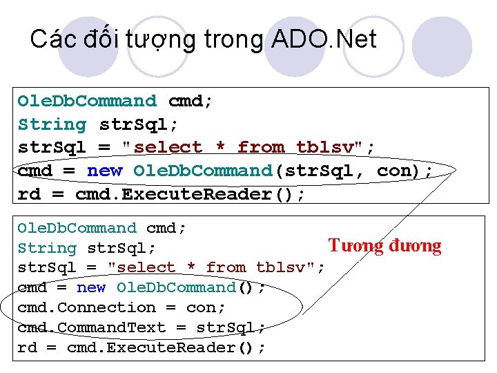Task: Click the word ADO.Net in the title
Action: click(x=324, y=39)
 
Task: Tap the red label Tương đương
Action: click(x=384, y=246)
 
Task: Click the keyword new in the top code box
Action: click(x=104, y=171)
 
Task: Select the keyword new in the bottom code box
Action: click(x=91, y=287)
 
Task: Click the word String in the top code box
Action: click(x=52, y=124)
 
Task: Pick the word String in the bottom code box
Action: click(x=46, y=248)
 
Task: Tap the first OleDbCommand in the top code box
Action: click(x=87, y=101)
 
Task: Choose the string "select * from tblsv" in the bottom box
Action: click(x=216, y=268)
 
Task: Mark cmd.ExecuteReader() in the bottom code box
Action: click(x=166, y=347)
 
